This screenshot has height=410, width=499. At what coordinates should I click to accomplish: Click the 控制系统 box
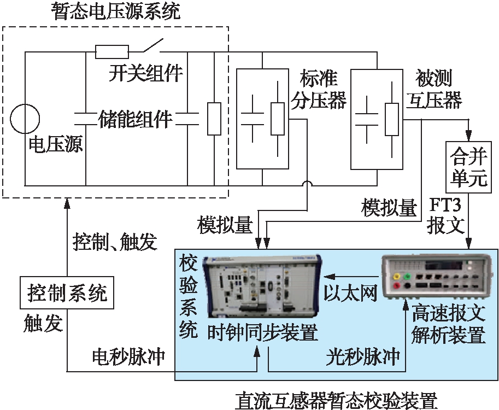click(68, 295)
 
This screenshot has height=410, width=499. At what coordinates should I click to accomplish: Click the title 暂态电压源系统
click(116, 11)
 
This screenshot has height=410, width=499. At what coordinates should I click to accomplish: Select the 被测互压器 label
click(434, 90)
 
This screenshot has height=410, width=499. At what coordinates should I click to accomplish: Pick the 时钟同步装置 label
click(263, 332)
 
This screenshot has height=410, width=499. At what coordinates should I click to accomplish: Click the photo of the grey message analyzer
click(435, 276)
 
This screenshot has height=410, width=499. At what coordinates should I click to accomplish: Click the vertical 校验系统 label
click(188, 297)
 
